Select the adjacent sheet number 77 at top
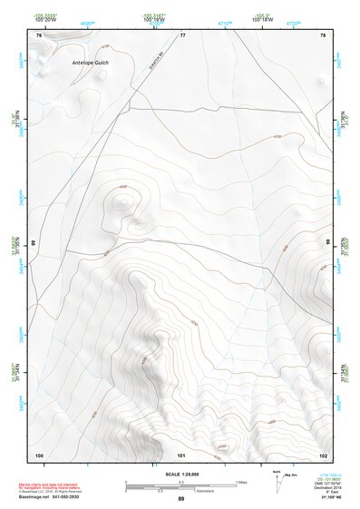point(181,34)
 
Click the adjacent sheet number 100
point(39,454)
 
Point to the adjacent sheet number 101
point(181,454)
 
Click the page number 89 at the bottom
point(181,499)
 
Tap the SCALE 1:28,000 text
point(180,474)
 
